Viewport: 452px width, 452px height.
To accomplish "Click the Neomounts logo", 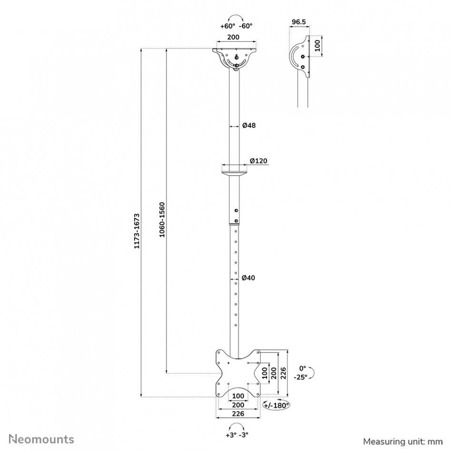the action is pyautogui.click(x=41, y=439).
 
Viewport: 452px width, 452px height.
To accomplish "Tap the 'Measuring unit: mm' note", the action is pyautogui.click(x=403, y=442).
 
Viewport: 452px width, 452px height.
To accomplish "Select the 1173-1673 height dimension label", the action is pyautogui.click(x=137, y=231).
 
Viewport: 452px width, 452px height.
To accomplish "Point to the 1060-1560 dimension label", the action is pyautogui.click(x=162, y=220).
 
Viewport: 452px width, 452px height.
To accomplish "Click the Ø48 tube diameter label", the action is pyautogui.click(x=249, y=126).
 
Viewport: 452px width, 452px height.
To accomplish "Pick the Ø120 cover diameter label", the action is pyautogui.click(x=258, y=160).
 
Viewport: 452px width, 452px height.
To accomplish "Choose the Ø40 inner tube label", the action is pyautogui.click(x=248, y=278).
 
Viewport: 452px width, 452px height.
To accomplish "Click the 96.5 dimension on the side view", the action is pyautogui.click(x=299, y=22).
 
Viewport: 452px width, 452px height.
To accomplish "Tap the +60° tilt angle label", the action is pyautogui.click(x=228, y=26).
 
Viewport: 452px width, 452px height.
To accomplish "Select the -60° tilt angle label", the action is pyautogui.click(x=246, y=26).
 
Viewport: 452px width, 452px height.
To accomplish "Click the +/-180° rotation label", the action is pyautogui.click(x=276, y=405).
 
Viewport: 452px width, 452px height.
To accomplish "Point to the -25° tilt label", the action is pyautogui.click(x=300, y=377).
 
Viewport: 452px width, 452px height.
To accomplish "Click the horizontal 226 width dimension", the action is pyautogui.click(x=238, y=413).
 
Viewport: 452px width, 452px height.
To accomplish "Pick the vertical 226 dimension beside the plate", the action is pyautogui.click(x=283, y=373).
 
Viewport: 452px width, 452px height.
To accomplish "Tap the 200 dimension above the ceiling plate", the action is pyautogui.click(x=233, y=37).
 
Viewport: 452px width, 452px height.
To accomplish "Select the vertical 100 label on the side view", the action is pyautogui.click(x=317, y=46).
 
